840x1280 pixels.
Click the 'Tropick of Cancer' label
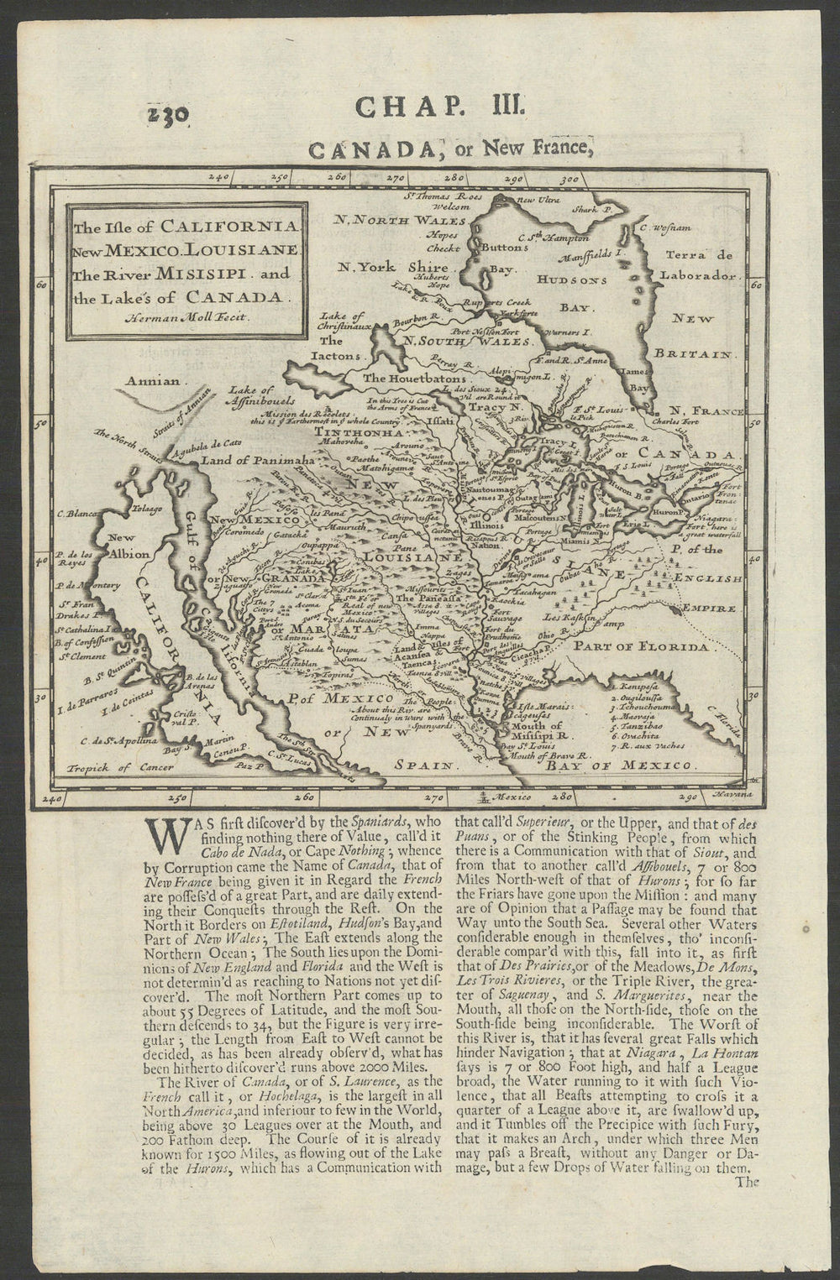(110, 767)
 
